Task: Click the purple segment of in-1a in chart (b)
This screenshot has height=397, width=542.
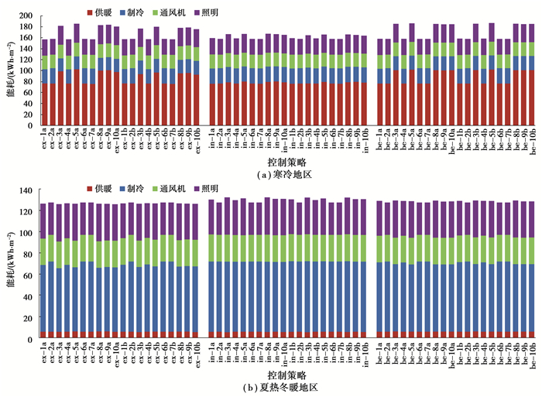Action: (212, 217)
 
